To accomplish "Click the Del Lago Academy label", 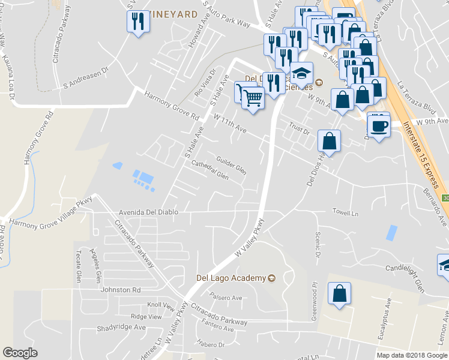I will (231, 278).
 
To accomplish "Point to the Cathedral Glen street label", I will (209, 170).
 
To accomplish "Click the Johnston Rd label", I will (120, 289).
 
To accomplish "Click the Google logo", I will (20, 353).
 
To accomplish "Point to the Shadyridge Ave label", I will (122, 328).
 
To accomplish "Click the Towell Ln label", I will (346, 212).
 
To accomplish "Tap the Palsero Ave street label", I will (226, 296).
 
